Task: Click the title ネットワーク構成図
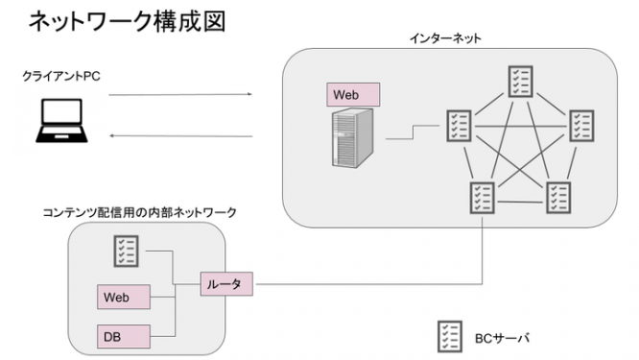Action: point(127,22)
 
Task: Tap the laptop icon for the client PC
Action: point(58,123)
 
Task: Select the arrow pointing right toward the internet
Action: point(180,94)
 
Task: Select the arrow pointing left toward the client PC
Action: point(180,136)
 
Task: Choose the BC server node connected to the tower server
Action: point(458,125)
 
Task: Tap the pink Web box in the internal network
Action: point(125,297)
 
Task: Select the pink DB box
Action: point(125,336)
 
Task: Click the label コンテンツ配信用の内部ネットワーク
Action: point(140,211)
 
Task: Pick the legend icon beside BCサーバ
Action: point(449,336)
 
